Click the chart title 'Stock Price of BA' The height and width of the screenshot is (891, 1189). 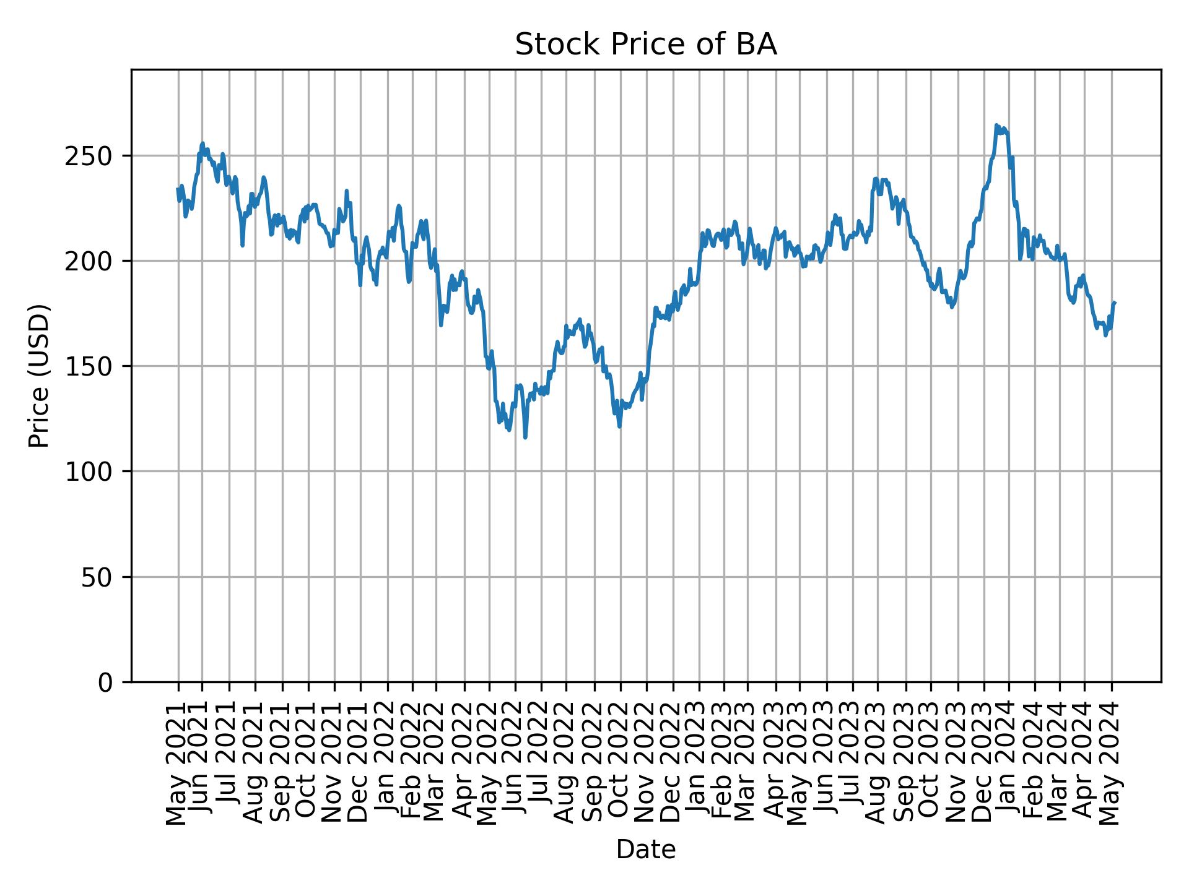click(645, 45)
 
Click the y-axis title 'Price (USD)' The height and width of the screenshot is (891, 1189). click(39, 376)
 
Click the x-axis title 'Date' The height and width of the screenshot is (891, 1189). click(645, 850)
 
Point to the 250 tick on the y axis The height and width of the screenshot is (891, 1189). click(93, 156)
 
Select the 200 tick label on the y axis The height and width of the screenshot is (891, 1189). click(93, 261)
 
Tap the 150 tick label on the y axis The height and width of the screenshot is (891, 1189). click(93, 366)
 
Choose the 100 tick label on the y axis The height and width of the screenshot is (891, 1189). click(93, 471)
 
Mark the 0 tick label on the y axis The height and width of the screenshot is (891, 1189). click(107, 682)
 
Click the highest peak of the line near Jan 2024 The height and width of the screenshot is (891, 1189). click(996, 125)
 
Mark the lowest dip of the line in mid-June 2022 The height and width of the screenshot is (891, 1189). click(525, 437)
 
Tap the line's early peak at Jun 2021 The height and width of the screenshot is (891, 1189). click(203, 144)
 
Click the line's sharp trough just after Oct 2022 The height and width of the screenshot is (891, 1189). click(620, 426)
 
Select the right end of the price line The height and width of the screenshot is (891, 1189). click(1115, 303)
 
